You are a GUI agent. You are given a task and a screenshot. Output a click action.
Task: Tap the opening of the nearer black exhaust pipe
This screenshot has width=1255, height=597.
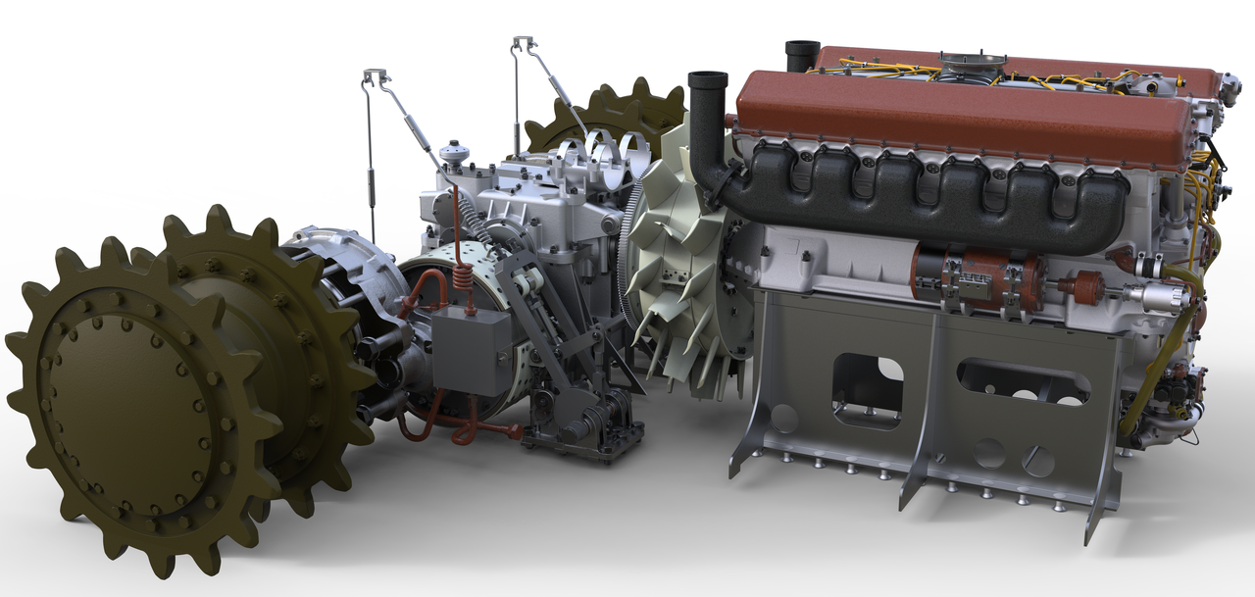(707, 79)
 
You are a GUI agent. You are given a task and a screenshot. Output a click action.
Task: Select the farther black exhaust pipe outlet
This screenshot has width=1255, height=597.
(802, 46)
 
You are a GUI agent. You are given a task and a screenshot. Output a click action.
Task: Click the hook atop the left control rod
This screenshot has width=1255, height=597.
(376, 76)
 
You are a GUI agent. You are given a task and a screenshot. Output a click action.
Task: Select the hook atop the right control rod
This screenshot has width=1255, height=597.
(524, 43)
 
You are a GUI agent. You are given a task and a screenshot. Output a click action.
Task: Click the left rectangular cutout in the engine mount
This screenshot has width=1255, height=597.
(867, 387)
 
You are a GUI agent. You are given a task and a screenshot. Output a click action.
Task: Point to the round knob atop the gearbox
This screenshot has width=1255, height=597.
(452, 153)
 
